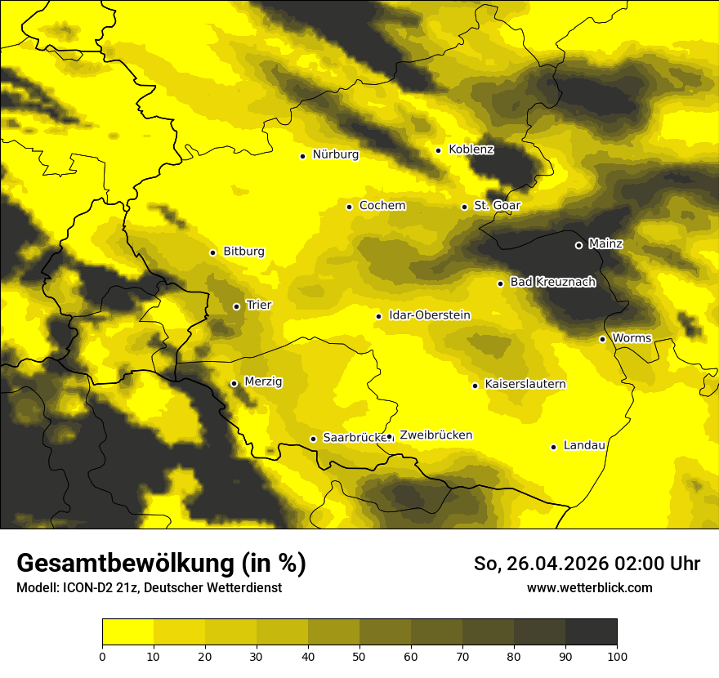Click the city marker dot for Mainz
(578, 245)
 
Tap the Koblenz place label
(471, 149)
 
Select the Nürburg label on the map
(335, 154)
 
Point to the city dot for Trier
(236, 306)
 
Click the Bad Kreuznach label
(552, 282)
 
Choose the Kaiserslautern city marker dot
(475, 386)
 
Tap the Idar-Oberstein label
(429, 315)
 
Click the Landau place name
(584, 445)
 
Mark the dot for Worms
(602, 339)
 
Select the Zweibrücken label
(435, 435)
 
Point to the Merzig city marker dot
(234, 383)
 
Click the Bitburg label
(243, 252)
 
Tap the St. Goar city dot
(464, 207)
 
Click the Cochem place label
(382, 206)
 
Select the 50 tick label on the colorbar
(359, 656)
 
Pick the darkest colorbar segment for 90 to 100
(591, 632)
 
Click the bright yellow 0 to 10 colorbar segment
(127, 632)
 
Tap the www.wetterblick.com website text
(589, 587)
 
